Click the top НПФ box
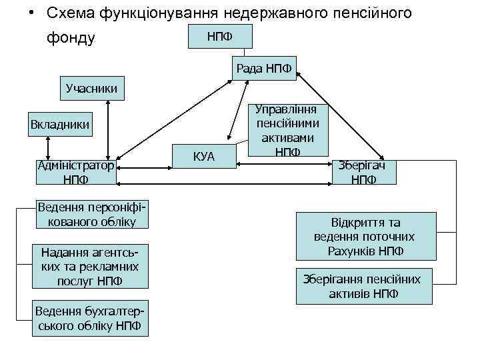pyautogui.click(x=219, y=35)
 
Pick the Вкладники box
pyautogui.click(x=60, y=124)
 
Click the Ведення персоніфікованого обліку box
pyautogui.click(x=91, y=214)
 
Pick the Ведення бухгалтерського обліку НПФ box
pyautogui.click(x=91, y=319)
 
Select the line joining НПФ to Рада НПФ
pyautogui.click(x=246, y=53)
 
